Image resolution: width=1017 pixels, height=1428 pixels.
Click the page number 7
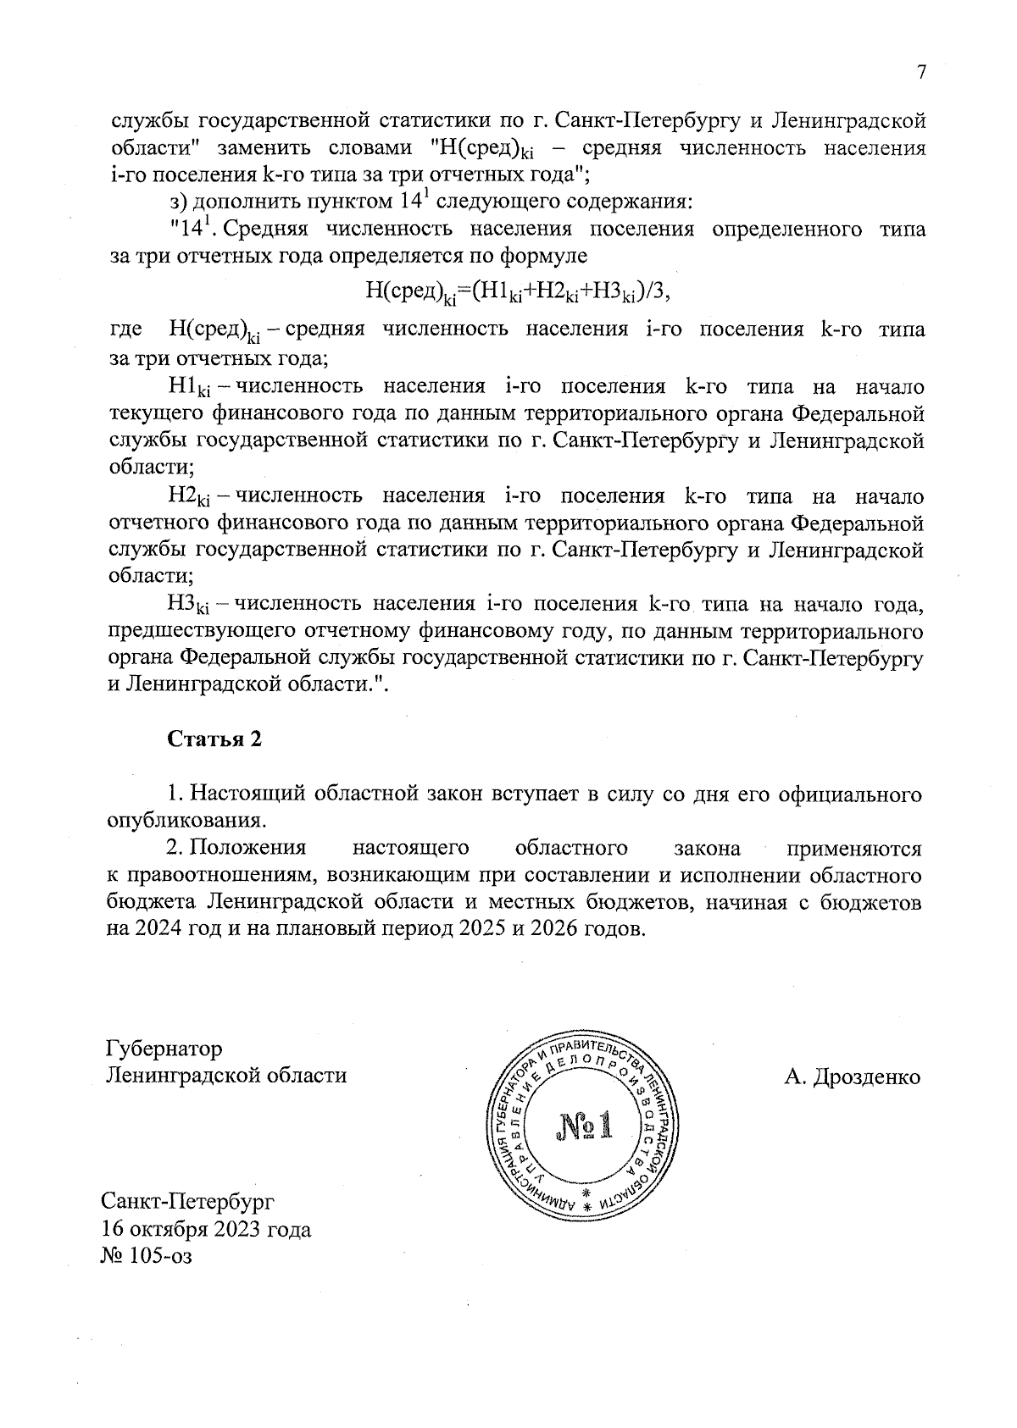click(x=920, y=73)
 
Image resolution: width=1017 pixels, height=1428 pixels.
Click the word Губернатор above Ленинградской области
click(x=164, y=1049)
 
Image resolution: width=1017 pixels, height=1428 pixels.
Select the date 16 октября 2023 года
click(x=206, y=1228)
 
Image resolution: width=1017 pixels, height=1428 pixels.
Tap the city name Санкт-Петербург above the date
click(x=188, y=1201)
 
